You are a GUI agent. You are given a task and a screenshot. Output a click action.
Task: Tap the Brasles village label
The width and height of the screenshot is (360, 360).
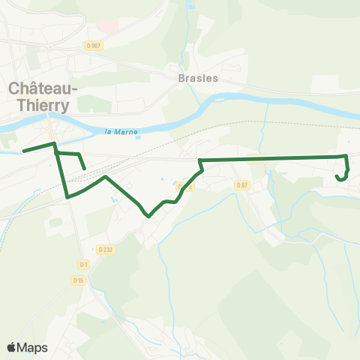coord(198,78)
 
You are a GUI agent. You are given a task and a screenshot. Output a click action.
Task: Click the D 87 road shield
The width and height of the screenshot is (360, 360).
coord(241,184)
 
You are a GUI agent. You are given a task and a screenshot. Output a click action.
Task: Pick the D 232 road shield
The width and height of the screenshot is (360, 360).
coord(104,248)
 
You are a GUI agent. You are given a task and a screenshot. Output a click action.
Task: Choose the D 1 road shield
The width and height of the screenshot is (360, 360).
coord(83,265)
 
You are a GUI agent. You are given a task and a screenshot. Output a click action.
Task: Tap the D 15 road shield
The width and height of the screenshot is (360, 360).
coord(79,280)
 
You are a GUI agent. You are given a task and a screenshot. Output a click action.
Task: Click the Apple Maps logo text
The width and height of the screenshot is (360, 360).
coord(28,347)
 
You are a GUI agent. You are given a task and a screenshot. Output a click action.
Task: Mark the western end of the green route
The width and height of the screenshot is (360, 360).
coord(24,151)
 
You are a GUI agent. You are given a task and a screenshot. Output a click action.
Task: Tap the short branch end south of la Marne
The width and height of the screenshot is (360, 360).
coord(85,168)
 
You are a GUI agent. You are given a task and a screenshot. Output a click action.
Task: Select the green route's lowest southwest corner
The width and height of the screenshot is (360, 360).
coord(69,197)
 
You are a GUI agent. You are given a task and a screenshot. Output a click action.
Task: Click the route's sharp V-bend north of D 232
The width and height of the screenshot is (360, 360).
coord(148,216)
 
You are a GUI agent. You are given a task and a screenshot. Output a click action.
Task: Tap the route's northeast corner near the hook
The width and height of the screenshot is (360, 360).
coord(346,156)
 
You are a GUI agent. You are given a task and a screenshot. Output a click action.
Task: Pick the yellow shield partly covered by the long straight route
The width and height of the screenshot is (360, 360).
coord(256,158)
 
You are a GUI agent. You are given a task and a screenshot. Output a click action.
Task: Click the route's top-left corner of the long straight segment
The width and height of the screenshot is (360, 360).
coord(199,160)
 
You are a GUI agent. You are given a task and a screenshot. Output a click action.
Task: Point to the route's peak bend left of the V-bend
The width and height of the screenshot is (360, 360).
coord(106,178)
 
